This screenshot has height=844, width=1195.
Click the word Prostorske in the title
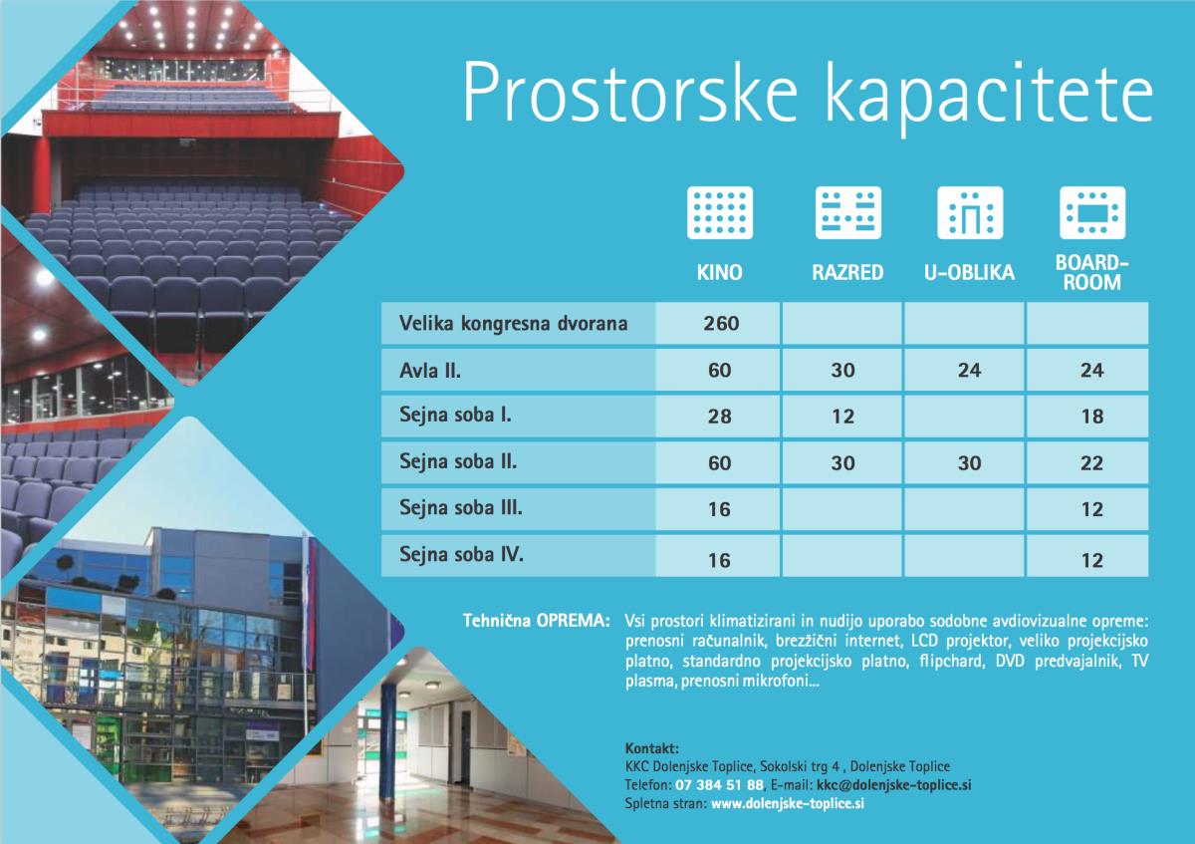(629, 95)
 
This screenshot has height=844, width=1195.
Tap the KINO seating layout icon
(720, 212)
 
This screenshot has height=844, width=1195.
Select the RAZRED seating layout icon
(847, 212)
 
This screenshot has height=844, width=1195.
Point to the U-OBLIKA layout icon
(970, 212)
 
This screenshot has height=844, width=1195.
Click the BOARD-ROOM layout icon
(1092, 212)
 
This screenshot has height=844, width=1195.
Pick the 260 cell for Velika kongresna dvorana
(721, 324)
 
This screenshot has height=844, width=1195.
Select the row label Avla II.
(430, 370)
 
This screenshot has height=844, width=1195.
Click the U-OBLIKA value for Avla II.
(969, 370)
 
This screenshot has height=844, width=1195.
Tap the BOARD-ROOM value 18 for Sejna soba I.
(1092, 417)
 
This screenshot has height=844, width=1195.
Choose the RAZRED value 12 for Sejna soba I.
(842, 417)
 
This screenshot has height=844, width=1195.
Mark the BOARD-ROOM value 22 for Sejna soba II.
(1092, 462)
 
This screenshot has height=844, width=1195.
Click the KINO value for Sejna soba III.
(719, 509)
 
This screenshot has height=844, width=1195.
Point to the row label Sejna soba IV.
(461, 554)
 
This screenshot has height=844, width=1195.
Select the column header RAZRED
(847, 272)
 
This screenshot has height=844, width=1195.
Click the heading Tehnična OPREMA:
(536, 621)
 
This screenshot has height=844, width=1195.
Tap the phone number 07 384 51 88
(719, 785)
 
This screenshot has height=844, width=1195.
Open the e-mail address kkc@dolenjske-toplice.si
(893, 785)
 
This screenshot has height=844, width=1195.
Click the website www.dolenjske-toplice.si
(788, 803)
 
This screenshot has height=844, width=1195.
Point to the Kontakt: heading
(652, 748)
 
